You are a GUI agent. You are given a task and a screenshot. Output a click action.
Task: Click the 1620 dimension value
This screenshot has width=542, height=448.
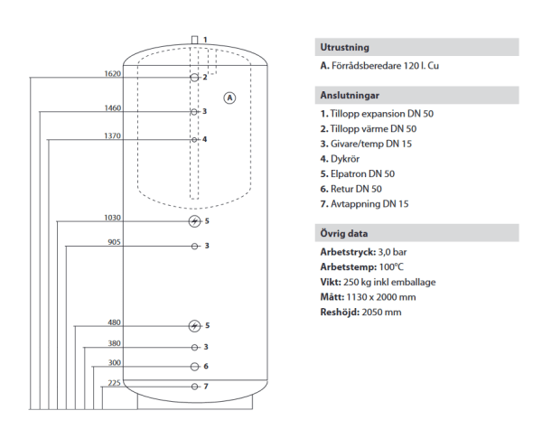tap(113, 74)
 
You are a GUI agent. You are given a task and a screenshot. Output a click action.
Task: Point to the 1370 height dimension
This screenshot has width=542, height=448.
tap(113, 135)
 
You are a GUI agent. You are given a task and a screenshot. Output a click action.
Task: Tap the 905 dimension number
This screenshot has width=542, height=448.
tap(115, 242)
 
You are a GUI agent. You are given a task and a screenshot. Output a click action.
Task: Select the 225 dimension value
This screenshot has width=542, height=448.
tap(115, 383)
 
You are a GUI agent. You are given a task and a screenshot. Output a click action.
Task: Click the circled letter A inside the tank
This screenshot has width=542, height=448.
tap(229, 98)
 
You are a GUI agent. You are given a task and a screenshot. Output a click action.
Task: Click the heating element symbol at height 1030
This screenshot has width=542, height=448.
tap(194, 221)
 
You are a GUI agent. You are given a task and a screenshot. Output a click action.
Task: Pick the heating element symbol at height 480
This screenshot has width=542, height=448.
tap(194, 326)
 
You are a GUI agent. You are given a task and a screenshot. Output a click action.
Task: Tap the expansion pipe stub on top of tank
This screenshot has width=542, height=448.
tap(194, 40)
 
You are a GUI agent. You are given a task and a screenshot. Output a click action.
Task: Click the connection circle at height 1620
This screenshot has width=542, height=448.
tap(194, 78)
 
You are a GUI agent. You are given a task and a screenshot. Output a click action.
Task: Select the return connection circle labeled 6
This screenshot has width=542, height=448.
tap(195, 367)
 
